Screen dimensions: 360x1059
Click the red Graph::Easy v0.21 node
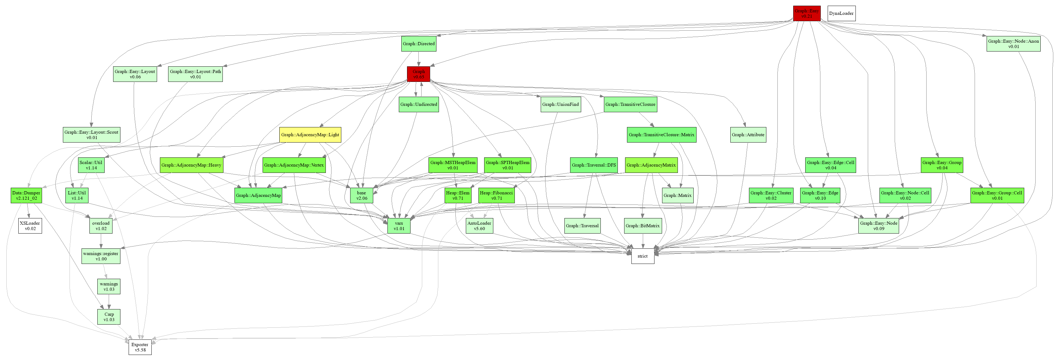[806, 13]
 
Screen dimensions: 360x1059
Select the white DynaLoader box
[841, 13]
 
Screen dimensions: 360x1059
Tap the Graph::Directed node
[418, 44]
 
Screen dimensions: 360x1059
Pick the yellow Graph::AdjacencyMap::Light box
[310, 135]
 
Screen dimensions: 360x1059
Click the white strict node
[642, 256]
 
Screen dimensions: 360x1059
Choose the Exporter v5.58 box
[140, 347]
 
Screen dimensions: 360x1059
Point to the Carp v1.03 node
[109, 317]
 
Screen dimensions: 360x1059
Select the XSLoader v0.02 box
[30, 226]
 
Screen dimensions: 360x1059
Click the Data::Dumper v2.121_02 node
[26, 195]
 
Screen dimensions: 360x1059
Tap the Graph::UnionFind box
[560, 104]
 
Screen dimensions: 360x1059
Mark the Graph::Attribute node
[748, 135]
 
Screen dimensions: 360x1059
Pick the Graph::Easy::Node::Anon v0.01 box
[1013, 44]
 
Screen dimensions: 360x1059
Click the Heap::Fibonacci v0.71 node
[496, 195]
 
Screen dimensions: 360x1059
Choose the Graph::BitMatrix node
[642, 226]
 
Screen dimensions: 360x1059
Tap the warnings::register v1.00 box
[101, 256]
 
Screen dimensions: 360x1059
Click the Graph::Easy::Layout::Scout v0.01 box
[91, 135]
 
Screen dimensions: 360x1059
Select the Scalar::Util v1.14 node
[91, 165]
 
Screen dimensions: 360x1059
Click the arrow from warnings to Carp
[109, 302]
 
